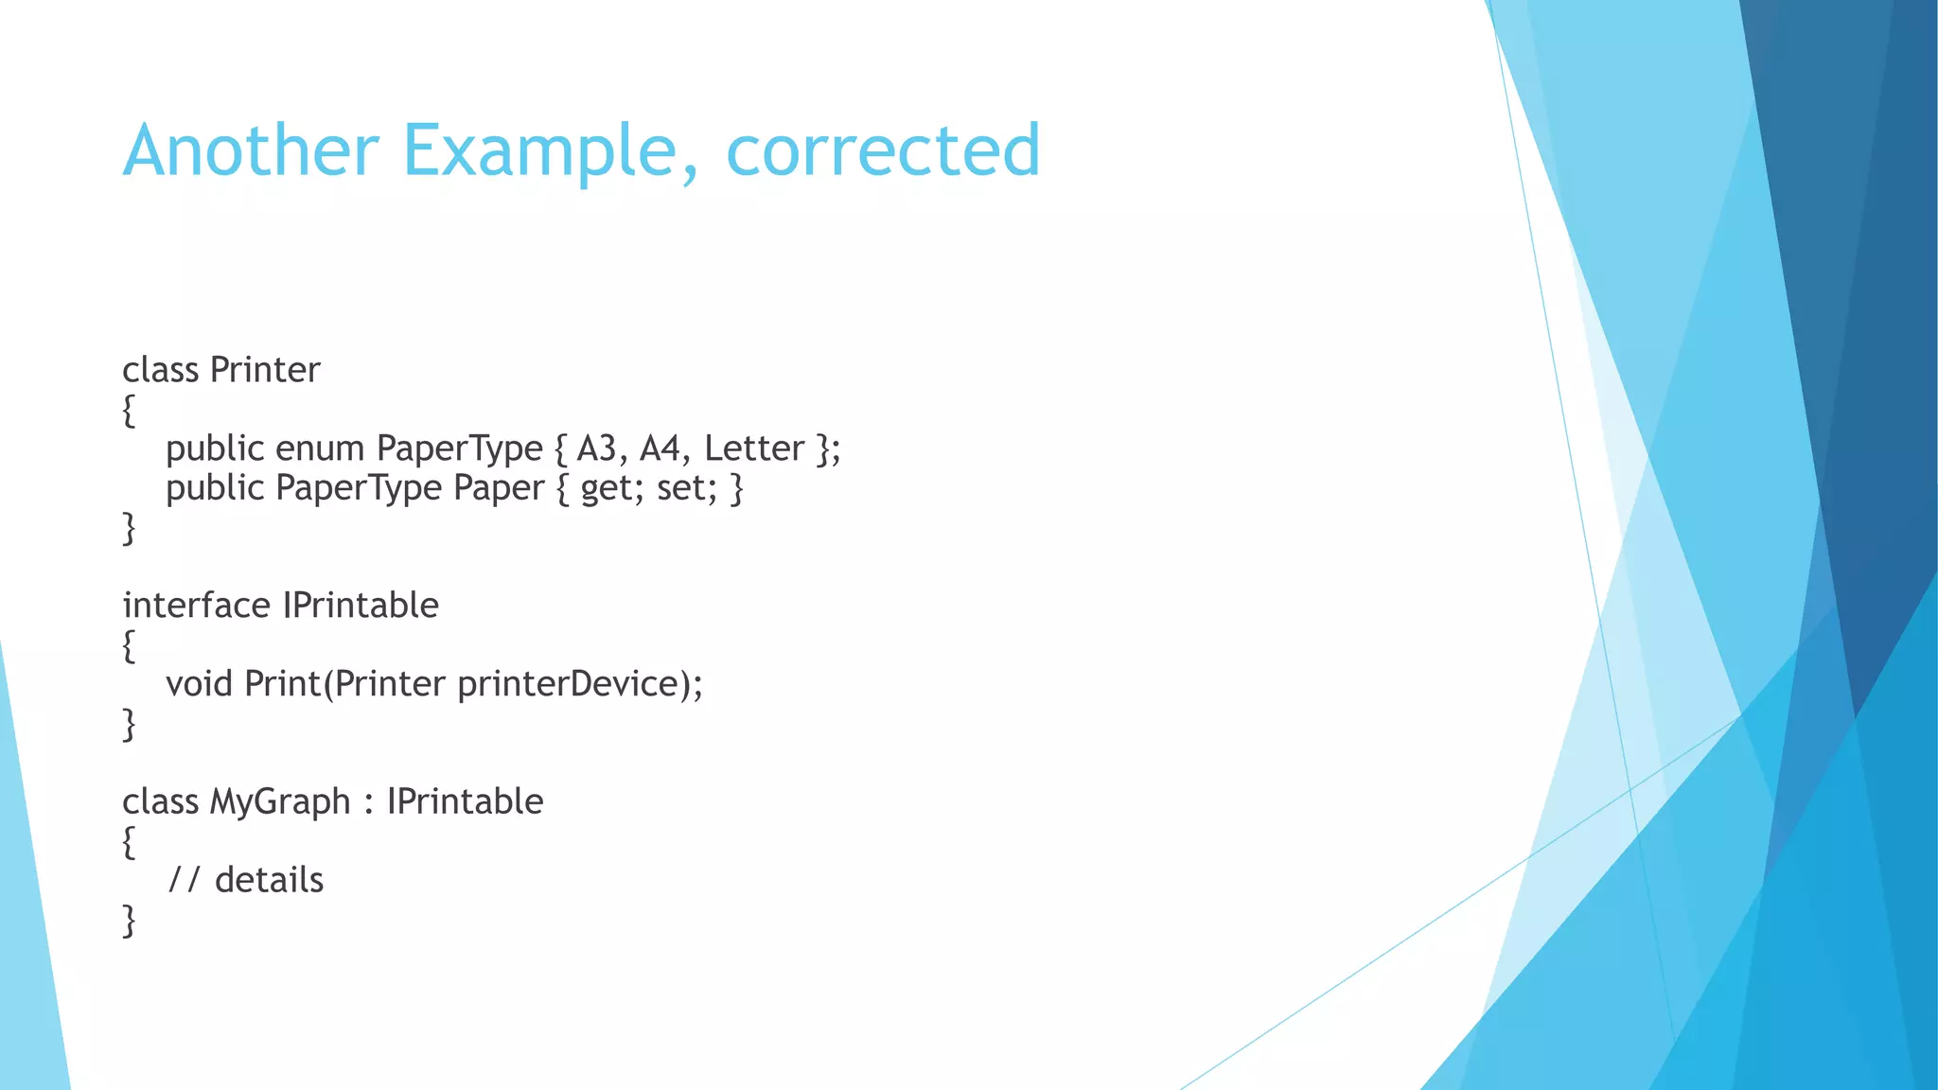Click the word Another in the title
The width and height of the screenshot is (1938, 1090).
(x=251, y=151)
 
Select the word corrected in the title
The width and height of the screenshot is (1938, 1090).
(x=883, y=151)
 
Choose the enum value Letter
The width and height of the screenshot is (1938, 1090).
(x=754, y=448)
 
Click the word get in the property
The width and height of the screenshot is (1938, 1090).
(x=608, y=489)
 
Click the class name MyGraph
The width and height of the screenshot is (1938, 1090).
(x=280, y=802)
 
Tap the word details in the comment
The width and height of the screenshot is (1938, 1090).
(x=269, y=881)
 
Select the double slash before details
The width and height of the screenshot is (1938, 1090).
(x=184, y=881)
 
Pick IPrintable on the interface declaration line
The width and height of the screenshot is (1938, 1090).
(x=361, y=606)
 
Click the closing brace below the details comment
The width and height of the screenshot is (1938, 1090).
(x=129, y=921)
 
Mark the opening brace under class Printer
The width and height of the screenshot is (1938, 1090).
(x=129, y=411)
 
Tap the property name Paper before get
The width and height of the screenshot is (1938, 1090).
(x=499, y=489)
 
